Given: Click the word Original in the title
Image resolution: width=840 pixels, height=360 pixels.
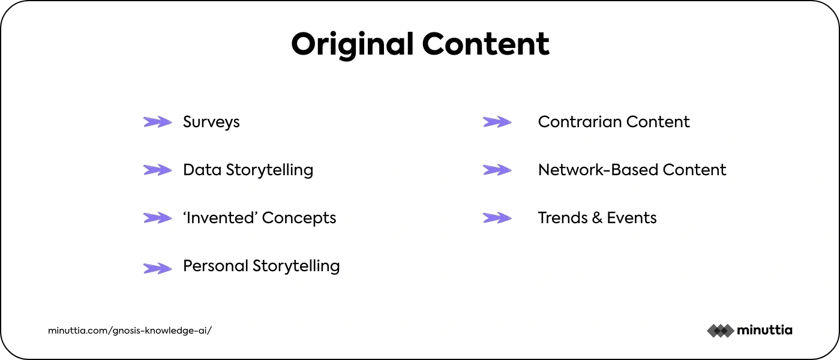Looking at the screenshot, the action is [352, 45].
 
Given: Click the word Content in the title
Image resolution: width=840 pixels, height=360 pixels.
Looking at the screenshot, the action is [485, 44].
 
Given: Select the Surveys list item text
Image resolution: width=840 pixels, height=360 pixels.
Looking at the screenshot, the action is [211, 122].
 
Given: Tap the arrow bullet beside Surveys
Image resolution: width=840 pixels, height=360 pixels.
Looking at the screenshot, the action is [157, 122].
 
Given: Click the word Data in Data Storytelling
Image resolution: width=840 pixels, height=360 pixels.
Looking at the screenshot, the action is [202, 170].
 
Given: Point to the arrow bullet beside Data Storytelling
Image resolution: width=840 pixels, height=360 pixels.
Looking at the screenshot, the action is [157, 170].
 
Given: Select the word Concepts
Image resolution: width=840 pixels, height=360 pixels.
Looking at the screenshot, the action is [299, 218].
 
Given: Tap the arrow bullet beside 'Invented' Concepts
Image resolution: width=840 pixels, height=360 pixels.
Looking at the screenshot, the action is [157, 218].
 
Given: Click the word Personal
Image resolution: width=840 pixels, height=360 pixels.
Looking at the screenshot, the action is [215, 266].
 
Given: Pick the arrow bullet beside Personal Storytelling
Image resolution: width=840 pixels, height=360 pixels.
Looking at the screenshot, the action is [157, 269].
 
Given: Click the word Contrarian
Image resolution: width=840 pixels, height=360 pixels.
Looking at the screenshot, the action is [580, 122].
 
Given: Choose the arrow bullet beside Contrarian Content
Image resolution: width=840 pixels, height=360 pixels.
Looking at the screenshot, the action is [497, 122].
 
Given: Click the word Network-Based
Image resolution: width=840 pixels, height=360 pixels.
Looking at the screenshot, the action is [598, 170].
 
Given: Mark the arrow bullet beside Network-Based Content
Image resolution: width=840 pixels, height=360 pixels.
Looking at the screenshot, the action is [497, 170].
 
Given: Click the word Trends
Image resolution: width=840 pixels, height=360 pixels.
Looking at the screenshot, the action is [563, 218].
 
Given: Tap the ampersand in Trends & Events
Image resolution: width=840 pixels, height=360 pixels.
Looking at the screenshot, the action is [597, 218].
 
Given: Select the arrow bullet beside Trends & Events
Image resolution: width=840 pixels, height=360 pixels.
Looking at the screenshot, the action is [497, 218].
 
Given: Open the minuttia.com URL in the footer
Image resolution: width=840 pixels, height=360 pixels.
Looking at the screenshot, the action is [130, 331].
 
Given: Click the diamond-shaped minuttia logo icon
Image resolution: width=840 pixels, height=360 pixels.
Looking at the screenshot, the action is [721, 331].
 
